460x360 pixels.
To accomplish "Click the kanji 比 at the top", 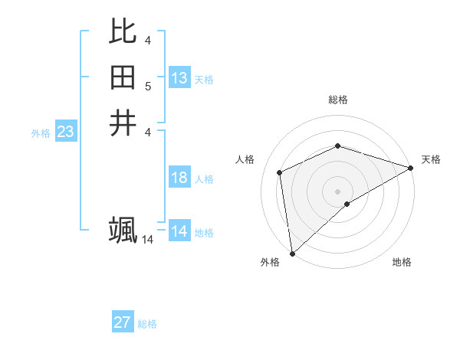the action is coord(123,31).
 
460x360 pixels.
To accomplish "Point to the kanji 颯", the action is coord(123,229).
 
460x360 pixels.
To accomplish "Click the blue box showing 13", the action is coord(179,78).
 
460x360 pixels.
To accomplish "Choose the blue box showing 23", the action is coord(65,132).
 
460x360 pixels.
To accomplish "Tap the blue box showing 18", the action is coord(179,178).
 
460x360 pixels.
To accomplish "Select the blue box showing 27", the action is coord(122,322).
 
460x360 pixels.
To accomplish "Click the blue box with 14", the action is coord(179,231).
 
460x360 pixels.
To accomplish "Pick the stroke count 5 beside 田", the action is coord(148,86).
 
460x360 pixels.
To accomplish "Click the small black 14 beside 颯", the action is coord(147,240).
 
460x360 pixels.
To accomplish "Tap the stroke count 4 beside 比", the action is coord(148,40).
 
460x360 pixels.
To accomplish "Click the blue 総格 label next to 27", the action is coord(147,324).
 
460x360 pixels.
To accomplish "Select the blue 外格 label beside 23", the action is coord(41,133).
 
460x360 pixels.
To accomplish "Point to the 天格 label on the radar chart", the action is coord(431,159).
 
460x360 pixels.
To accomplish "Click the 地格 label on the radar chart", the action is coord(402,263).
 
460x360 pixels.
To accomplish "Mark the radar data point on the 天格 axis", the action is coord(411,168).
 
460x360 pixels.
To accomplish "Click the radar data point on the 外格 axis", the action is coord(292,254).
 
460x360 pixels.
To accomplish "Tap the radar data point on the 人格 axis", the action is coord(280,172).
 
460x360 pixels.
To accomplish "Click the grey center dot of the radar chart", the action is coord(337,191).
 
